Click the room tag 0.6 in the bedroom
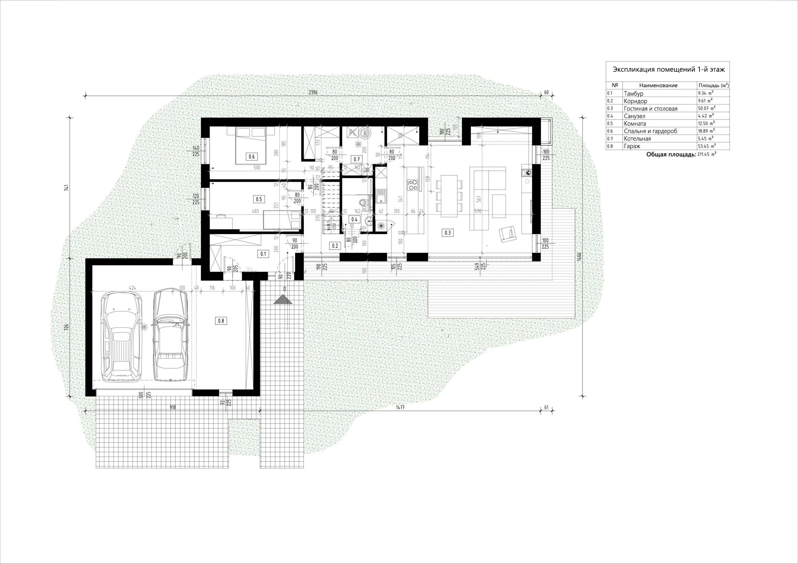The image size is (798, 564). pyautogui.click(x=252, y=156)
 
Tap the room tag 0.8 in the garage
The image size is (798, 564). pyautogui.click(x=221, y=321)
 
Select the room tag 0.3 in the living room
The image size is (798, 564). pyautogui.click(x=447, y=232)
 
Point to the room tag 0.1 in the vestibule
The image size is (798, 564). pyautogui.click(x=263, y=254)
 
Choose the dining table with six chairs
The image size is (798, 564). pyautogui.click(x=449, y=196)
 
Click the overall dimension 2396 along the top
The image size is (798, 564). pyautogui.click(x=313, y=92)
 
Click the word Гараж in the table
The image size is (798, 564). pyautogui.click(x=632, y=146)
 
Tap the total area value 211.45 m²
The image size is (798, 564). pyautogui.click(x=707, y=154)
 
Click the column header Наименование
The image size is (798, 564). pyautogui.click(x=658, y=85)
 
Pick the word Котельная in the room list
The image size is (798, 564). pyautogui.click(x=637, y=139)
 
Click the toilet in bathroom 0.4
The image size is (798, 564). pyautogui.click(x=363, y=201)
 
